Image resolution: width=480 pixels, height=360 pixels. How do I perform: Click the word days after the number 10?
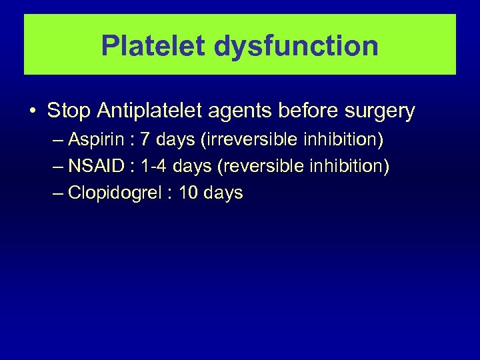224,194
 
